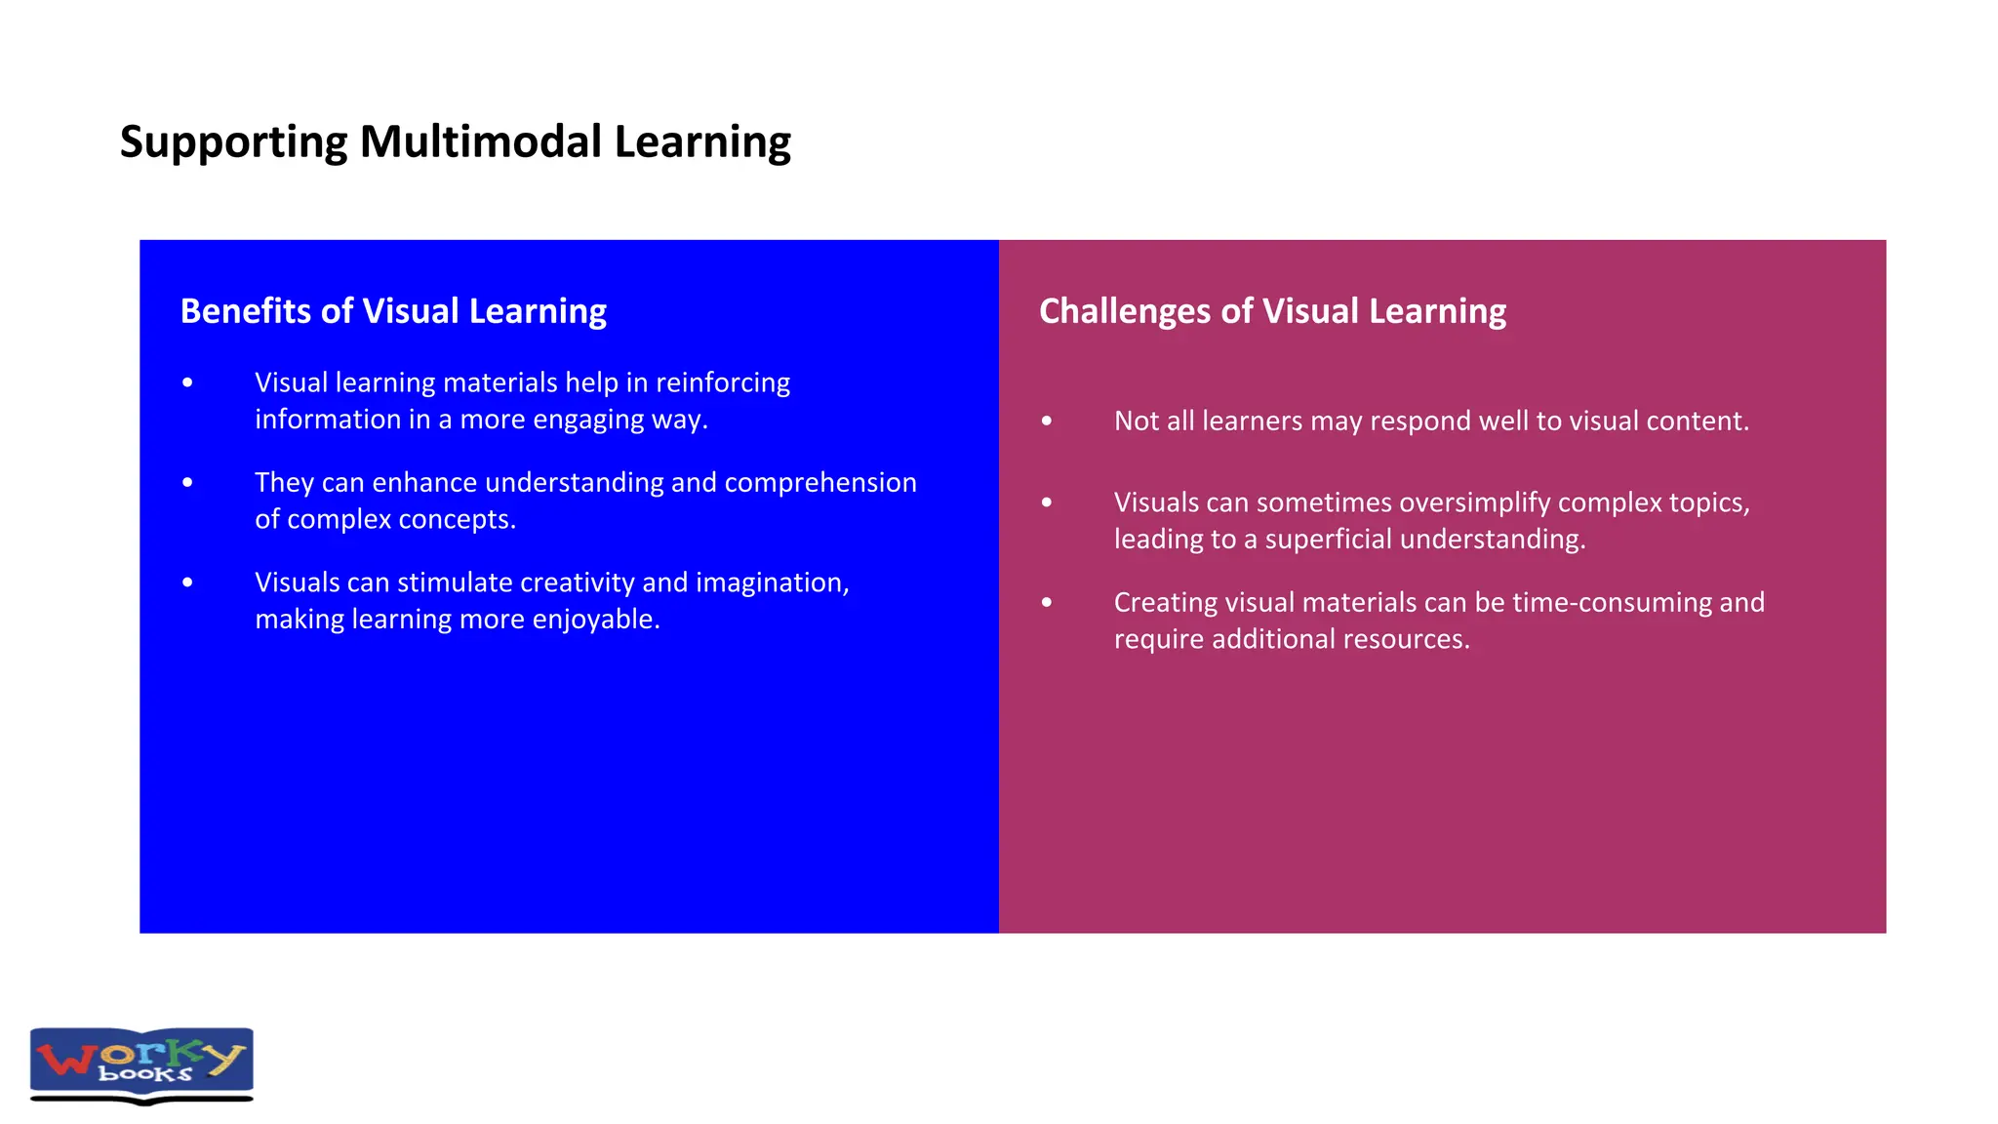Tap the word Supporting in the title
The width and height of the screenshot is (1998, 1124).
pyautogui.click(x=233, y=143)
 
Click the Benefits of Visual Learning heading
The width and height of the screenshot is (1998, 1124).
pyautogui.click(x=393, y=311)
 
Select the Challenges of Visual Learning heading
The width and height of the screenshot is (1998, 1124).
pyautogui.click(x=1272, y=311)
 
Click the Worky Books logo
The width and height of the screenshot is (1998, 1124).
pyautogui.click(x=141, y=1064)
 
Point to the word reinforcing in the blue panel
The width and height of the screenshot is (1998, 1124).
pyautogui.click(x=722, y=382)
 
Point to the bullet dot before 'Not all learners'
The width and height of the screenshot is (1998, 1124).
pyautogui.click(x=1047, y=421)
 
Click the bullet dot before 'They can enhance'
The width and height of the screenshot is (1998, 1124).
pyautogui.click(x=187, y=483)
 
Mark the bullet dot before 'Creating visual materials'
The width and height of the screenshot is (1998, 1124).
pyautogui.click(x=1047, y=603)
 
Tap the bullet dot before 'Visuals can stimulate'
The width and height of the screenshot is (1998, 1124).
pyautogui.click(x=187, y=582)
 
